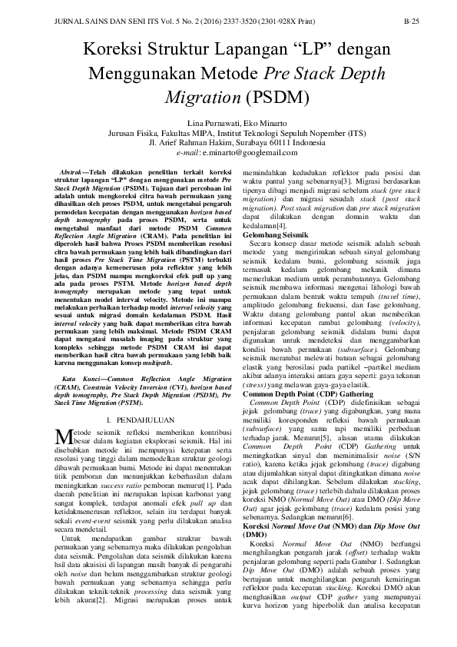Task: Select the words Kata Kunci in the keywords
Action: pyautogui.click(x=76, y=358)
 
